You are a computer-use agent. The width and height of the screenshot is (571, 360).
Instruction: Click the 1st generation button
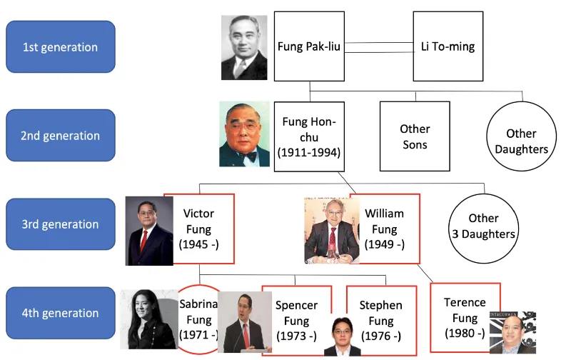[60, 47]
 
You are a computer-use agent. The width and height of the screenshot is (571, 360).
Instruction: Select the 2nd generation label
[60, 136]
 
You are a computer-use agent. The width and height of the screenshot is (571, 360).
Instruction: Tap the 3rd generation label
[60, 224]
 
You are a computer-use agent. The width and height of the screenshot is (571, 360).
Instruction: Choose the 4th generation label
[60, 313]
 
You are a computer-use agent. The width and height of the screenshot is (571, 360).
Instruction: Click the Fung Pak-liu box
[309, 47]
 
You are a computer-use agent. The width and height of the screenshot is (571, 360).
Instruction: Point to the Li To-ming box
[448, 47]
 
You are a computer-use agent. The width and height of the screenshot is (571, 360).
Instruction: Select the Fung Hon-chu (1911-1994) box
[309, 136]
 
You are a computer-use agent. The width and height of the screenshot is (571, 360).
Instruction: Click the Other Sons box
[414, 136]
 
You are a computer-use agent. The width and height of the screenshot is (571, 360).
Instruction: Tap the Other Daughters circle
[521, 141]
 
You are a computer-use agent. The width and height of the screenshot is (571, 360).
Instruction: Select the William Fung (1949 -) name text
[384, 229]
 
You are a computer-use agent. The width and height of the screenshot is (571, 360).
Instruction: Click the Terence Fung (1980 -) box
[465, 317]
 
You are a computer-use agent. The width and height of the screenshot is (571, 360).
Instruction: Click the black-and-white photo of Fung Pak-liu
[244, 47]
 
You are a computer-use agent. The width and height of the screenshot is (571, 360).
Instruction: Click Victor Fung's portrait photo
[149, 231]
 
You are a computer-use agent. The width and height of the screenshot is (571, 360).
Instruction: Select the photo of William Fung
[331, 229]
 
